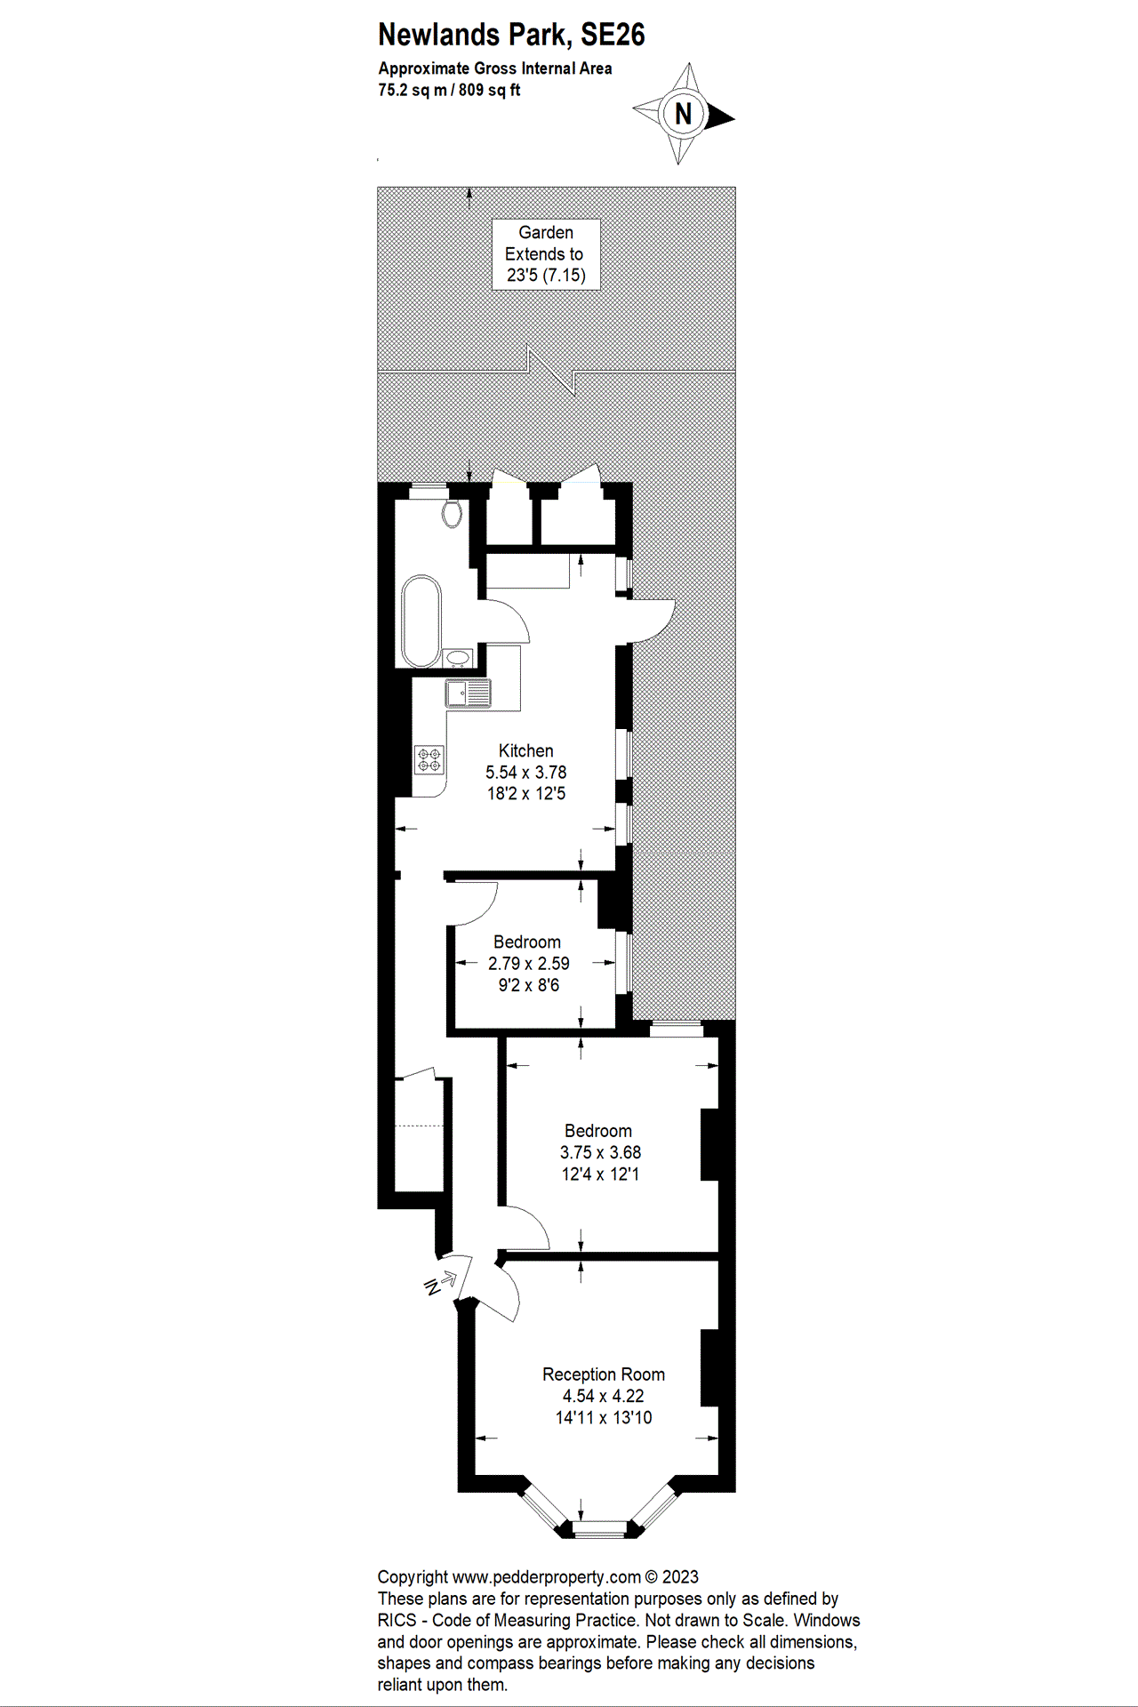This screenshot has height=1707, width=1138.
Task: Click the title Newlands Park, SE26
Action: tap(511, 35)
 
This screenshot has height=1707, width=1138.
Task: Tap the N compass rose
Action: tap(683, 114)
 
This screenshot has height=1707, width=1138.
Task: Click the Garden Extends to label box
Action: tap(546, 254)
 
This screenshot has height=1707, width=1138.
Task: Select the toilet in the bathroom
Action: tap(453, 513)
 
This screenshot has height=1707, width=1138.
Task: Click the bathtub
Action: tap(421, 621)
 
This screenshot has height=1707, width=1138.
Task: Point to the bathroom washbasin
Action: tap(458, 658)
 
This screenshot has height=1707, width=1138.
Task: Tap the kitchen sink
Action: tap(469, 693)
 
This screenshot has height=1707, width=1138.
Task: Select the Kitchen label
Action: tap(525, 751)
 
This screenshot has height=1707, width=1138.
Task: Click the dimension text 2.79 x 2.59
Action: tap(528, 964)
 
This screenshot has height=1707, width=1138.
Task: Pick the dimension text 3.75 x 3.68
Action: tap(600, 1153)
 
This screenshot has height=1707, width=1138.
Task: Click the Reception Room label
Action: tap(604, 1374)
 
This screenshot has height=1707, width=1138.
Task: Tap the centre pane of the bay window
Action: tap(599, 1529)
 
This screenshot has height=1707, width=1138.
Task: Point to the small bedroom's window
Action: tap(624, 962)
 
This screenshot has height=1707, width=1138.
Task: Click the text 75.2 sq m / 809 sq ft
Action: tap(449, 90)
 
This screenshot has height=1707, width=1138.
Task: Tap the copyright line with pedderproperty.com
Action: tap(538, 1577)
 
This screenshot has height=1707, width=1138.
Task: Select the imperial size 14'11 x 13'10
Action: tap(604, 1418)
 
